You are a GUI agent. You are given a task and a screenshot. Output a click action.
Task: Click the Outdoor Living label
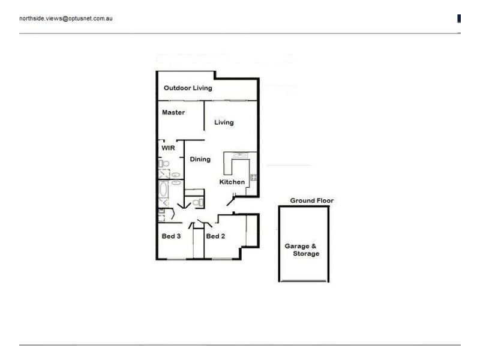(188, 88)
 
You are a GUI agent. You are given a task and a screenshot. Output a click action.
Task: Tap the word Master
(173, 112)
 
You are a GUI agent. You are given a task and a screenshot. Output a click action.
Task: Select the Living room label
(224, 122)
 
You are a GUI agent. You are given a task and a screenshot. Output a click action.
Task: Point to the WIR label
(167, 147)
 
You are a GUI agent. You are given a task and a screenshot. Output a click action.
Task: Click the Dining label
(200, 159)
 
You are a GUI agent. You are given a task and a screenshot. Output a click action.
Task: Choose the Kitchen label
(232, 182)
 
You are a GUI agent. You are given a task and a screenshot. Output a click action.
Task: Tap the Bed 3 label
(171, 236)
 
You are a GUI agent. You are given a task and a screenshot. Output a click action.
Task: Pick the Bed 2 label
(215, 236)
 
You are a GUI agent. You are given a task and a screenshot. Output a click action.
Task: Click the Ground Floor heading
(311, 200)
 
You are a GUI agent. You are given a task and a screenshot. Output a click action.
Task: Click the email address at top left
(66, 19)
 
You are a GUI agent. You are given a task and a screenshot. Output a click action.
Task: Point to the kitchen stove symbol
(253, 177)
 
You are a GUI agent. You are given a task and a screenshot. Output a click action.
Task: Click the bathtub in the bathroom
(163, 191)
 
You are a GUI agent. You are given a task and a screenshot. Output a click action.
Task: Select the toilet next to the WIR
(163, 163)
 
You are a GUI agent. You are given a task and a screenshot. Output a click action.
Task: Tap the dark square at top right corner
(459, 19)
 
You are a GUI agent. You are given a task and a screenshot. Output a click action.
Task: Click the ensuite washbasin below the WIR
(176, 175)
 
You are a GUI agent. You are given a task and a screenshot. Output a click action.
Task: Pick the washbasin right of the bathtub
(176, 182)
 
